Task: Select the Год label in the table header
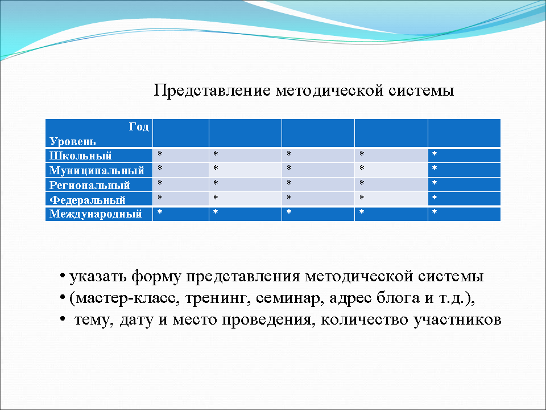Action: pos(138,127)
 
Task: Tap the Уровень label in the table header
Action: pos(72,141)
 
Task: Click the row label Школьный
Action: pos(80,155)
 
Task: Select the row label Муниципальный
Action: pos(96,170)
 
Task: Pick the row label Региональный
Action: pos(89,185)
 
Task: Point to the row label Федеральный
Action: pos(87,200)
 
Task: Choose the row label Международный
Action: pos(96,215)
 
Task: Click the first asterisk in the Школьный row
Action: pos(160,155)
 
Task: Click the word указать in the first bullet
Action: pos(97,277)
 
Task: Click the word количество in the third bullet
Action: pos(362,319)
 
